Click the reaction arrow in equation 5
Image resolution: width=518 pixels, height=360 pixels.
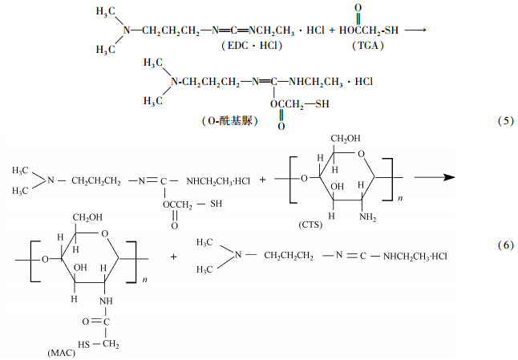(414, 30)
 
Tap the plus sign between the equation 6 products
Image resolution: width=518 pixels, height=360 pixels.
(175, 257)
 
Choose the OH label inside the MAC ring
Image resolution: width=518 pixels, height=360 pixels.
(80, 268)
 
